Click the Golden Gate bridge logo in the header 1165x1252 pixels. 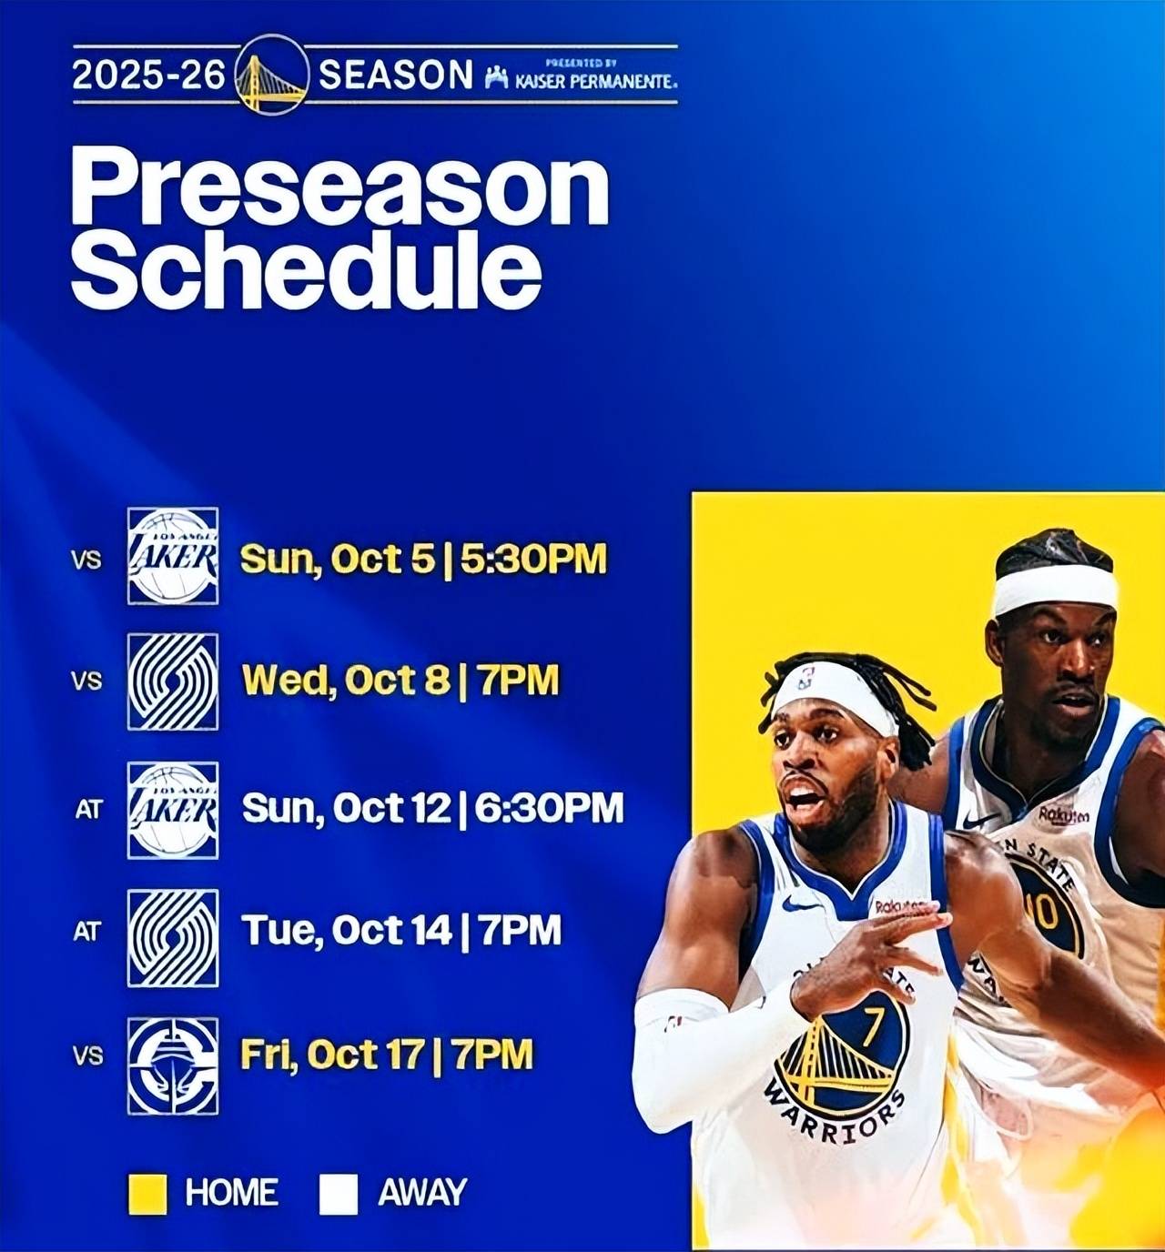pos(272,75)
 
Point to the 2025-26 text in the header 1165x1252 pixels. pos(149,75)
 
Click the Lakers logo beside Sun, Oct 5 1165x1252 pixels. pos(173,556)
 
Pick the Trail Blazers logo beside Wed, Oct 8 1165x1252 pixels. pos(173,682)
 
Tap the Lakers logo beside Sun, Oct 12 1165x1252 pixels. pos(173,811)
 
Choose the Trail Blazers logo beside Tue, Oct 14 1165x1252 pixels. pos(173,938)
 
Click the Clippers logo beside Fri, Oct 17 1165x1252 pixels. pos(173,1065)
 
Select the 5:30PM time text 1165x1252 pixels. pos(533,559)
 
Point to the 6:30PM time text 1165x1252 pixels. pos(549,808)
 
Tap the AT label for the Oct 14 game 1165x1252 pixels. pos(86,932)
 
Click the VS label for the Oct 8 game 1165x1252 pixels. pos(86,681)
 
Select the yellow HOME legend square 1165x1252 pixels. pos(147,1194)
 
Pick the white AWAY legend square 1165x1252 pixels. pos(339,1194)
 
